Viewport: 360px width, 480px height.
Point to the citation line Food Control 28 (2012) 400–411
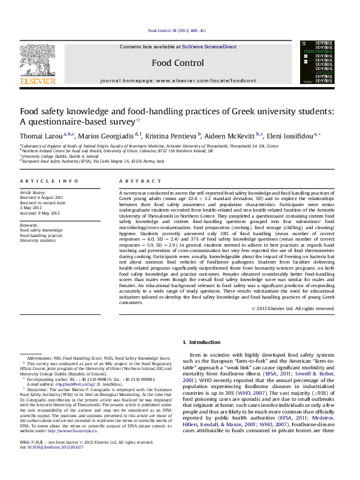pos(177,30)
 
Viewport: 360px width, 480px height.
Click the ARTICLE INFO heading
pos(49,181)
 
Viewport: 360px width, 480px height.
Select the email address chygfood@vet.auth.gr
pos(67,384)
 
